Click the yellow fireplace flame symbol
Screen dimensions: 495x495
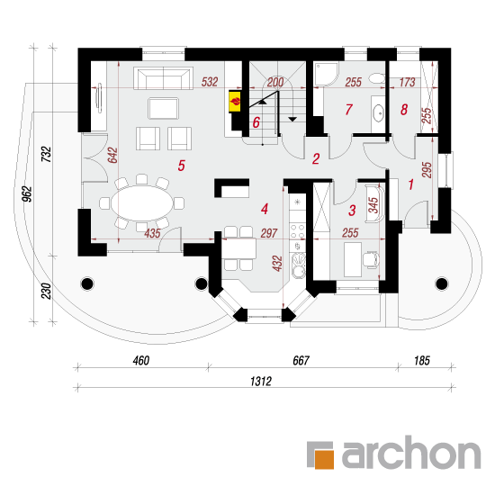[235, 102]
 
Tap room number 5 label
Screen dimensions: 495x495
[181, 166]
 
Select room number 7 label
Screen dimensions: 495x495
[348, 110]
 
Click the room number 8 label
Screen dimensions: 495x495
[404, 110]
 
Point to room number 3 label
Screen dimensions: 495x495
[352, 211]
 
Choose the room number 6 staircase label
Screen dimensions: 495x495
[256, 122]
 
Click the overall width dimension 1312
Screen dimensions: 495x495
[261, 381]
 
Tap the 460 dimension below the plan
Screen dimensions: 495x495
[140, 361]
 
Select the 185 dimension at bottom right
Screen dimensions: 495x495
[422, 361]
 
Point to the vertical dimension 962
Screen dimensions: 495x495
[28, 194]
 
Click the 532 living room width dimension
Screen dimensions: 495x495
[210, 82]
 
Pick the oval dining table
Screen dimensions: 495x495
[142, 203]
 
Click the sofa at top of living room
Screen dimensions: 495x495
[163, 78]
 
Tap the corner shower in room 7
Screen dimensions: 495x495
[327, 75]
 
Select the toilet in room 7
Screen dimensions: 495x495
[377, 78]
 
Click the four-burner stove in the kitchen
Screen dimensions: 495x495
[297, 230]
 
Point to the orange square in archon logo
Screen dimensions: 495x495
[324, 459]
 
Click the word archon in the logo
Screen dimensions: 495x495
[411, 452]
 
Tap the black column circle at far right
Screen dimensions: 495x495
[442, 283]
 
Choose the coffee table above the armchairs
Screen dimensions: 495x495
[164, 108]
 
